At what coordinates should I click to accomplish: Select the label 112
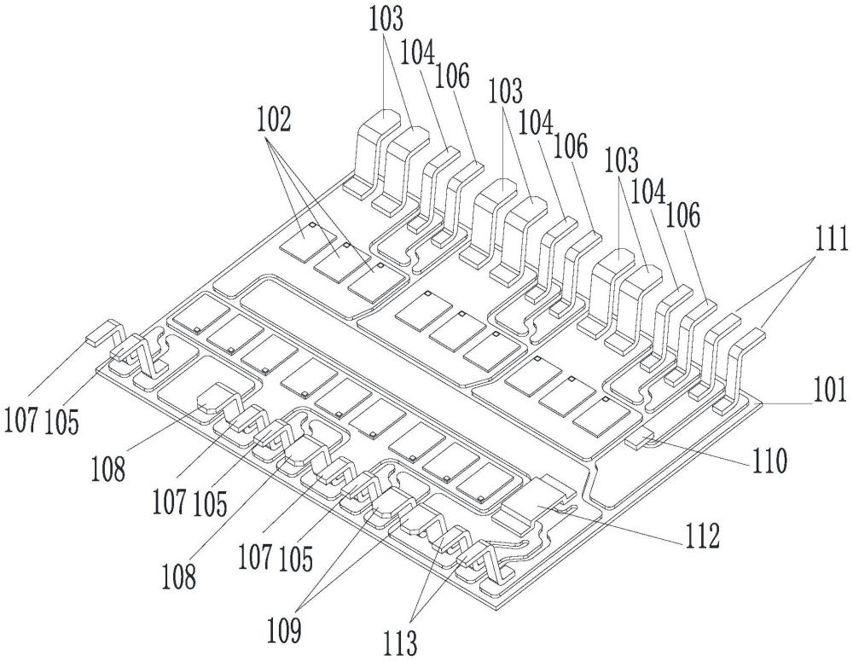click(697, 539)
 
